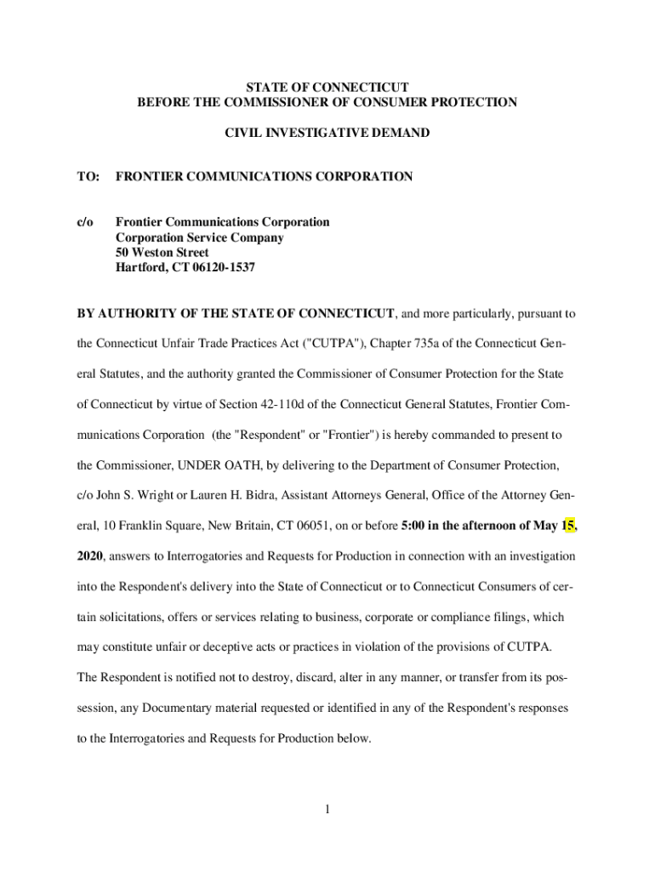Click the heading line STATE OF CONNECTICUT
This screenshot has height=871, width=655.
coord(327,88)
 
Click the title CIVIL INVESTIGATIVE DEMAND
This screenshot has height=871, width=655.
coord(327,133)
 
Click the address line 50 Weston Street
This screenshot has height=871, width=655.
coord(162,253)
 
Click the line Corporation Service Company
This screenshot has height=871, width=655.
coord(200,237)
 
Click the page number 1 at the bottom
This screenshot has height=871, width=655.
coord(327,809)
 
